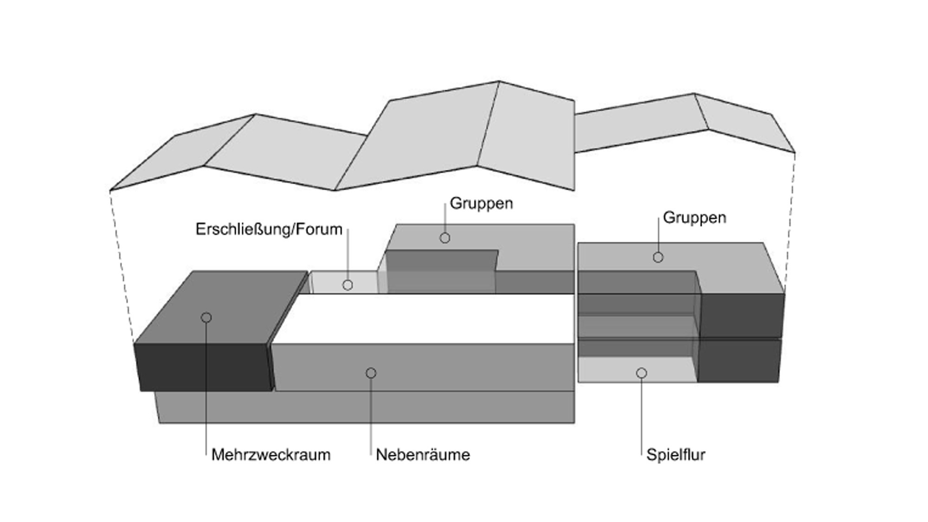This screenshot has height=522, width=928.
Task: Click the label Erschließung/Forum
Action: pos(269,229)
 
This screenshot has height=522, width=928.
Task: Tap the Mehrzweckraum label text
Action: pos(271,455)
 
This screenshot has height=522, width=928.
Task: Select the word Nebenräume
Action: pos(423,455)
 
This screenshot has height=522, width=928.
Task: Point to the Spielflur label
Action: pos(676,455)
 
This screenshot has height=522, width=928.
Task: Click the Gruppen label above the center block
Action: pos(481,204)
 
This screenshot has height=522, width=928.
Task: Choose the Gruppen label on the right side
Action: pos(694,218)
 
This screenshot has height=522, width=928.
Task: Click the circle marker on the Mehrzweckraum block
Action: pos(206,317)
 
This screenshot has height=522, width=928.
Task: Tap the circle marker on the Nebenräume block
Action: pos(371,373)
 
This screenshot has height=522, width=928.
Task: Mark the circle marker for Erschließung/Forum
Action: pos(348,285)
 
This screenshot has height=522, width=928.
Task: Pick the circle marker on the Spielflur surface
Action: pos(641,373)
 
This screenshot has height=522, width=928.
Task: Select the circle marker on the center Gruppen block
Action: pos(445,238)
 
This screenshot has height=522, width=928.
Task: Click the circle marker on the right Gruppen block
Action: pos(658,257)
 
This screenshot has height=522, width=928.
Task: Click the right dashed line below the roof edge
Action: pos(790,222)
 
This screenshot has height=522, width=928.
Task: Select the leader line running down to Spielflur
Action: pos(641,416)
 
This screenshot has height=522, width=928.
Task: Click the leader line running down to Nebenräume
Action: pos(371,416)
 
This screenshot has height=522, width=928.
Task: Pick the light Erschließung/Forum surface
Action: pos(344,283)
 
